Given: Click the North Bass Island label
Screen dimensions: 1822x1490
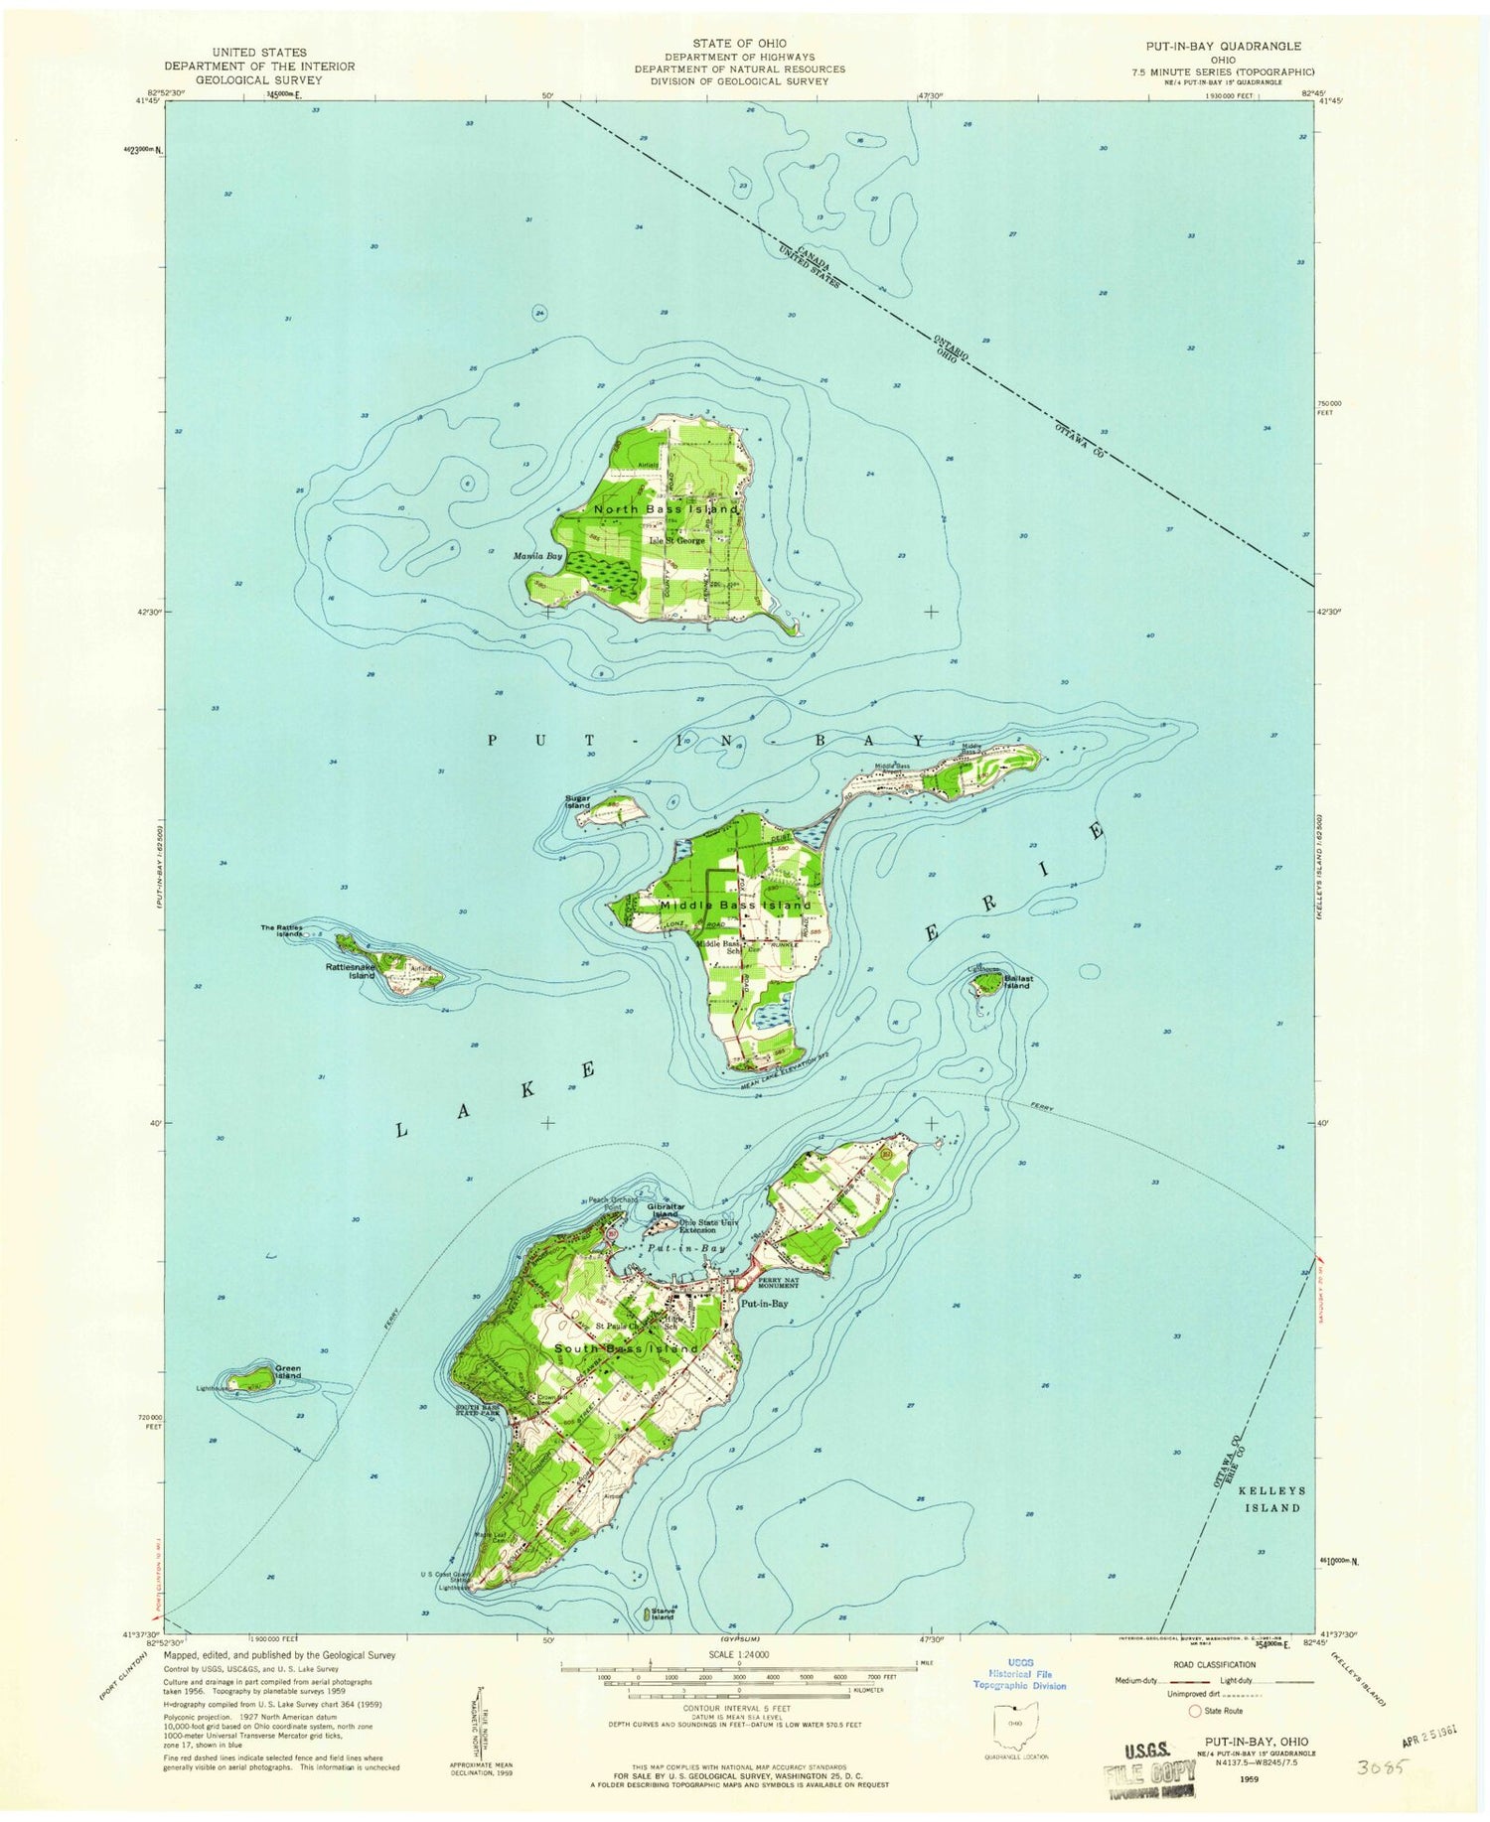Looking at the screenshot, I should (x=666, y=509).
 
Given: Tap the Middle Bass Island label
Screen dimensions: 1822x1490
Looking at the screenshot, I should (x=735, y=906).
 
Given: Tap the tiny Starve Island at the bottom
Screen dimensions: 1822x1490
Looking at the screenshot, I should (x=649, y=1614).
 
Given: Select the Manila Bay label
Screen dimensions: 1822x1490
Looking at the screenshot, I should (x=538, y=556).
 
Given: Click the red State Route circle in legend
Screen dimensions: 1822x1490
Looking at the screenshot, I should (x=1194, y=1711).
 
